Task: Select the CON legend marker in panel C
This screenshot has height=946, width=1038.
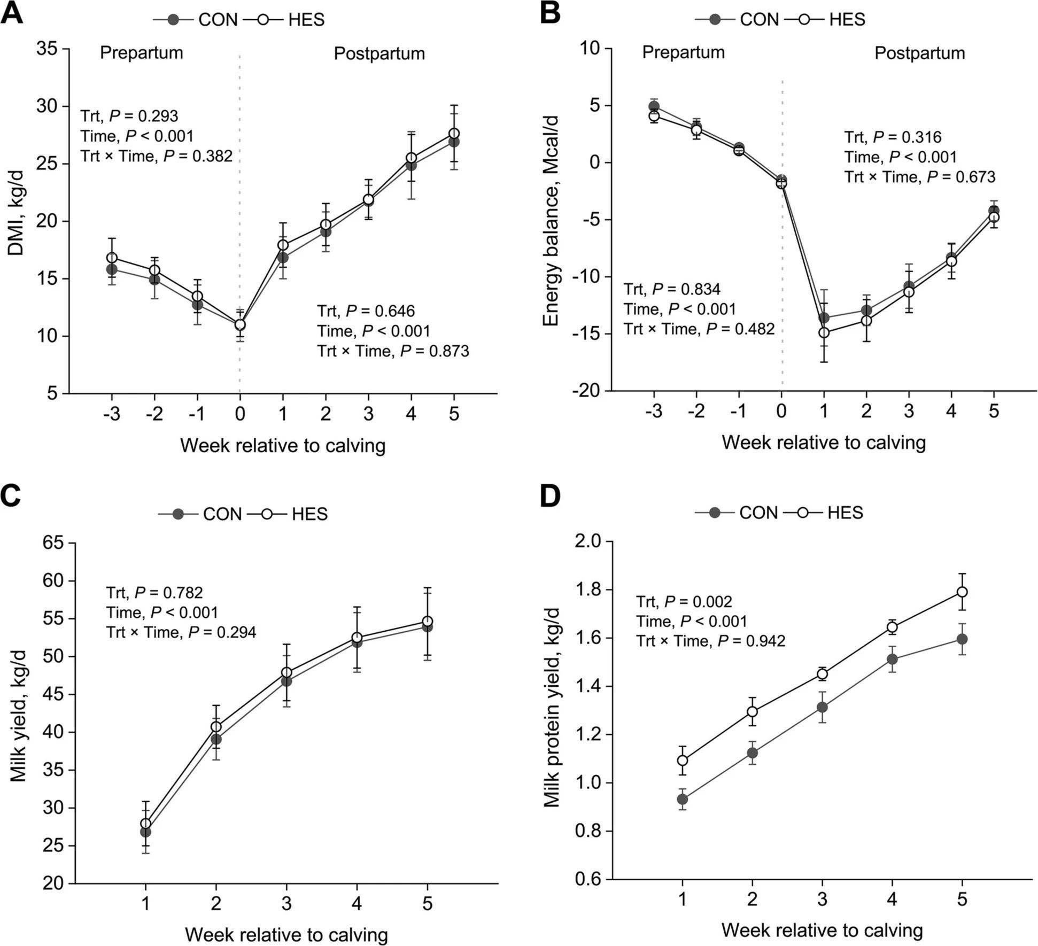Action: (179, 514)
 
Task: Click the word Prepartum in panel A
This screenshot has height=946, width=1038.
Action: (142, 53)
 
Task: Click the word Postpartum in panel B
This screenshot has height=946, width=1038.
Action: (919, 53)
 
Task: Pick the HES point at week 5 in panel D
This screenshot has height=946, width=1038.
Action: (962, 592)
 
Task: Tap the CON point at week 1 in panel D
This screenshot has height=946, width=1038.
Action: (683, 800)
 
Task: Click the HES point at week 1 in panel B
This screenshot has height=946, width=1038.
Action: (824, 332)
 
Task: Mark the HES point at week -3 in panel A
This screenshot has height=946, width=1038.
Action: (112, 258)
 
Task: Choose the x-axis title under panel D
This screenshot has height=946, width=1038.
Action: (822, 931)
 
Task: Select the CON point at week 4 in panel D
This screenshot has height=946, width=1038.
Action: (892, 660)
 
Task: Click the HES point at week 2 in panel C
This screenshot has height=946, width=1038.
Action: (216, 727)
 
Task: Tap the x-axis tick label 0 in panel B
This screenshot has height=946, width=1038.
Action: (782, 411)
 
